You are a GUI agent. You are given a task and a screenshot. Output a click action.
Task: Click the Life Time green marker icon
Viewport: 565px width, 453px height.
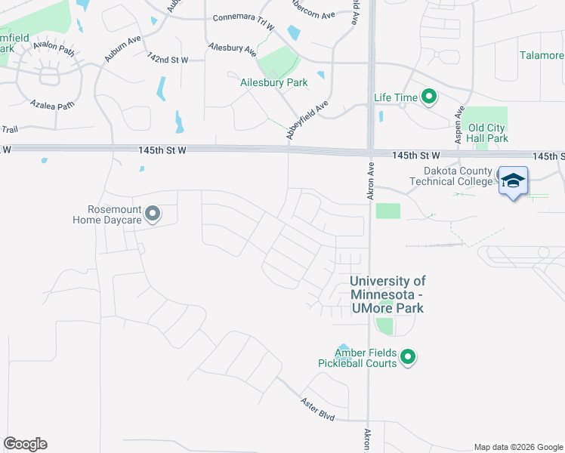tap(429, 97)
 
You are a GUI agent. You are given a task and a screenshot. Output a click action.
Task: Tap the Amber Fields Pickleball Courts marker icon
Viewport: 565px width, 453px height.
tap(408, 357)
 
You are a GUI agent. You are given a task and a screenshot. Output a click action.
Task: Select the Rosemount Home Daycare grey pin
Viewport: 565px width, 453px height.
tap(153, 214)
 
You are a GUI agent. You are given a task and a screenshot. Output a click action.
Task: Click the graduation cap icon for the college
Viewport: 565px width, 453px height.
tap(513, 180)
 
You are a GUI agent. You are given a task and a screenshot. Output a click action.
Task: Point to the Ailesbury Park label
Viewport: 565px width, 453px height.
tap(273, 82)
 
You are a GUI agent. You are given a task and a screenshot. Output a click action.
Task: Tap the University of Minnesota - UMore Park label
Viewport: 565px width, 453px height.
tap(387, 294)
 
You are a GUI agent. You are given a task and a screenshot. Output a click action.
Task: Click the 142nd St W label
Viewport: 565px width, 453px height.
tap(168, 58)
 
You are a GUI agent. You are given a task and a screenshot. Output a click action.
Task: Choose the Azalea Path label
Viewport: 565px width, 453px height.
tap(52, 105)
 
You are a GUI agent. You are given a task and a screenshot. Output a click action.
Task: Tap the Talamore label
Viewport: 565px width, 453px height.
tap(542, 55)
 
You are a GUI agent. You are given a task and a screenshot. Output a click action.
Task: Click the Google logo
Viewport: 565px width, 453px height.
tap(25, 444)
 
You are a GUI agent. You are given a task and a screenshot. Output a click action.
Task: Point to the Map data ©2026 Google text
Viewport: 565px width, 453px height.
tap(517, 447)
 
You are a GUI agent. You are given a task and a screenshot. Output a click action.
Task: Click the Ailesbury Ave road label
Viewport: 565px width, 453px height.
tap(233, 48)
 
